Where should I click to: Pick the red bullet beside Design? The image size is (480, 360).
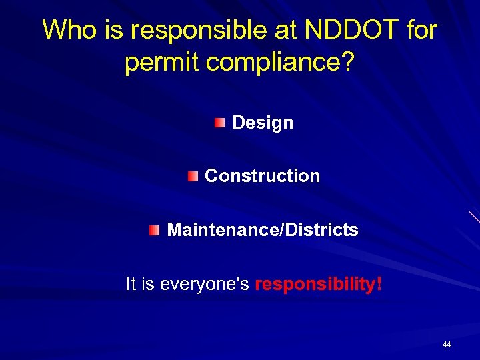coord(220,123)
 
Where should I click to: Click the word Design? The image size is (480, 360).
coord(263,123)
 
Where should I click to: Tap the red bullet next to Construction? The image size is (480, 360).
coord(193,176)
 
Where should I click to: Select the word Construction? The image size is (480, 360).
coord(262,176)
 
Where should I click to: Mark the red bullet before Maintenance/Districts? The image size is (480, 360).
coord(155,230)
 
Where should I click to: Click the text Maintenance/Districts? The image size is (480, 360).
coord(263,230)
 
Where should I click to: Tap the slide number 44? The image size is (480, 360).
coord(447,345)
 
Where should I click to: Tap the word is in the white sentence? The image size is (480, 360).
coord(148,284)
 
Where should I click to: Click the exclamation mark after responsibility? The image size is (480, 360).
coord(379,284)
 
